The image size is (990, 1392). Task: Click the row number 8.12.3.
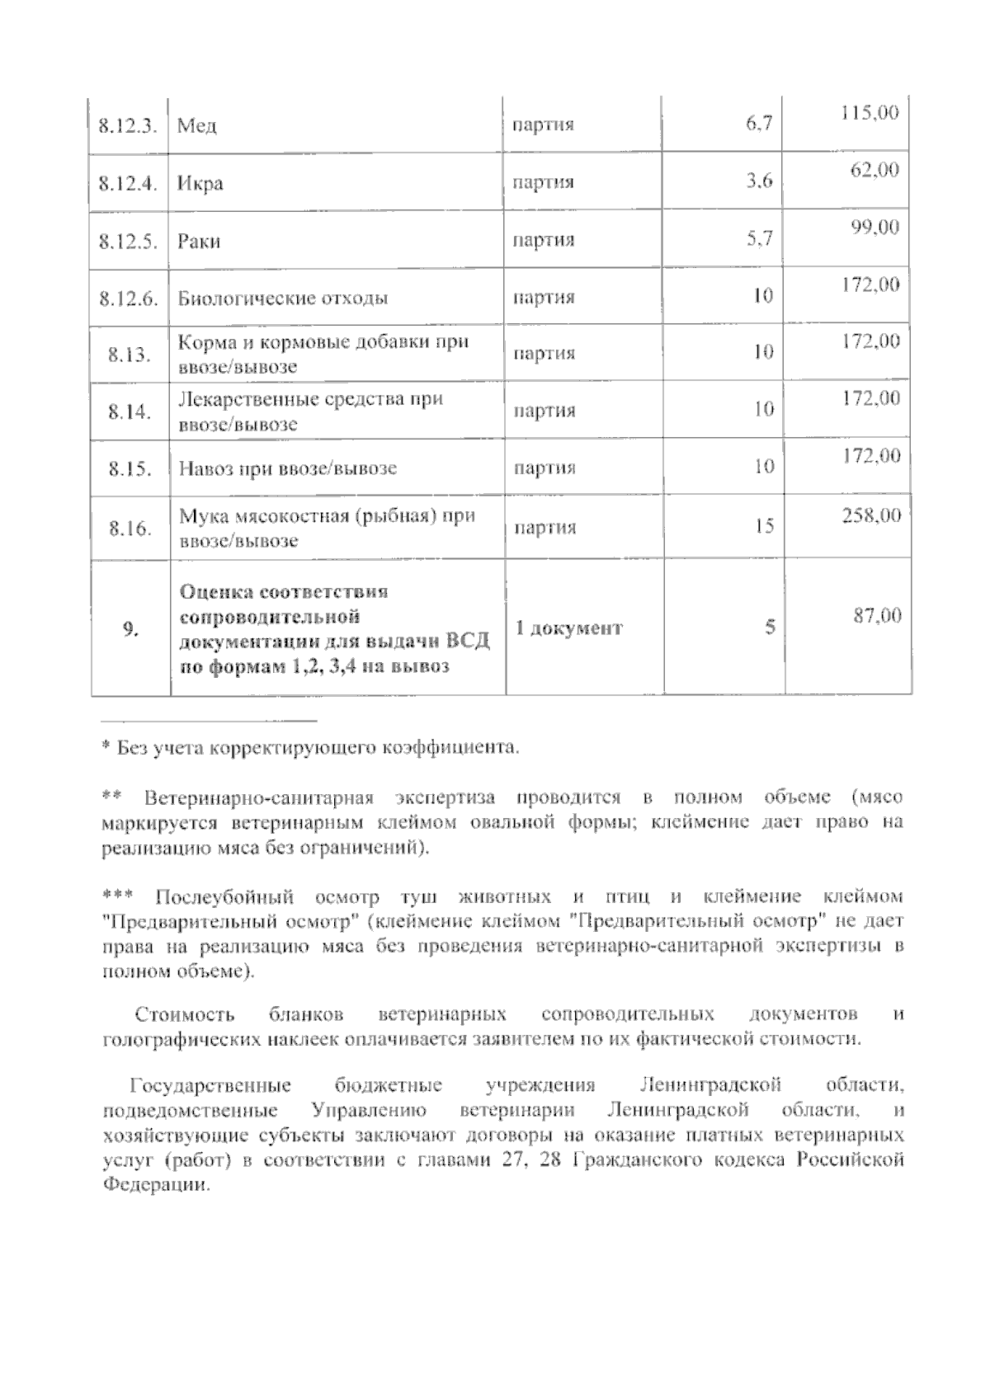(128, 126)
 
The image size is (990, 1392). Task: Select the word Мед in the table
(197, 126)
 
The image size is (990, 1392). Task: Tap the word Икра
(200, 183)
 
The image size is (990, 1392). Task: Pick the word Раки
(199, 242)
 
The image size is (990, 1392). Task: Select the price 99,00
(875, 228)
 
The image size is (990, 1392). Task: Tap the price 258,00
(871, 516)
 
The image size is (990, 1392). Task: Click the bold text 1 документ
(569, 628)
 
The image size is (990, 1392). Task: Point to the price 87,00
(877, 615)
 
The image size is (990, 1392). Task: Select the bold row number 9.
(130, 628)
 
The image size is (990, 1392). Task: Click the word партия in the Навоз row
(544, 468)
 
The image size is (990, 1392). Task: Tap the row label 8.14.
(130, 411)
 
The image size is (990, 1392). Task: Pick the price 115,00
(870, 114)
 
